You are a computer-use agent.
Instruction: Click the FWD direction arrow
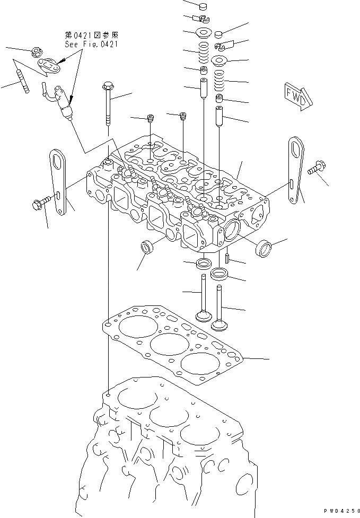(x=295, y=96)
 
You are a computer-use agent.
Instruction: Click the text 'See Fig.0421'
(x=91, y=45)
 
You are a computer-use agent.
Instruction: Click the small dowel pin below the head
(x=226, y=259)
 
